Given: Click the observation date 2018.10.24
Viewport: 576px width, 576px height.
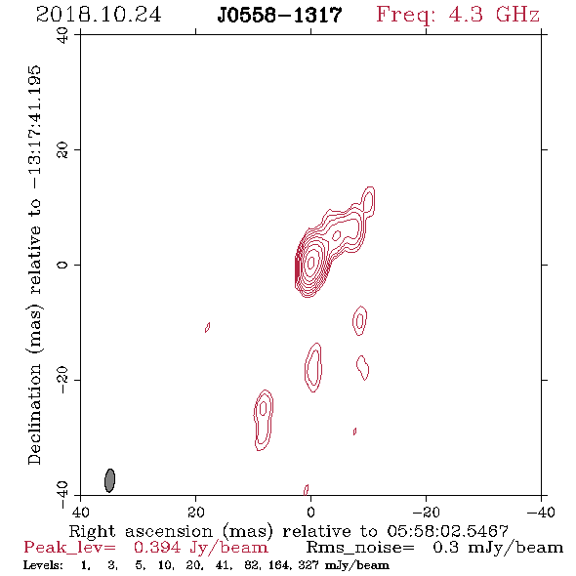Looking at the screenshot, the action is pos(99,15).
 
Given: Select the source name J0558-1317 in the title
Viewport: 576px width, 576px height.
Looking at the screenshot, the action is pos(279,16).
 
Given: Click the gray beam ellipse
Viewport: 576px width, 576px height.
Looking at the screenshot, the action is pos(110,480).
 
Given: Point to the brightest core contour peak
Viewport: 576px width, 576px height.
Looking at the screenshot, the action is pos(310,263).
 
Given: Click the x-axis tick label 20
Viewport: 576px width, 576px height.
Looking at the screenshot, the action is pos(195,513).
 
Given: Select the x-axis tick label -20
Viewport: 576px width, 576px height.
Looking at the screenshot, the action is pos(426,513).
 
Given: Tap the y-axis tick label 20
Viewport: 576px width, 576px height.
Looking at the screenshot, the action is pos(62,150).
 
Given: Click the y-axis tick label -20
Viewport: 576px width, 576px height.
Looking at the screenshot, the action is pos(62,380).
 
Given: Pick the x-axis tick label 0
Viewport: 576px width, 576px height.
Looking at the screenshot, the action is pos(310,513).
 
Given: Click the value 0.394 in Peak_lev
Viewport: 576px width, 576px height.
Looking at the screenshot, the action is pos(157,548).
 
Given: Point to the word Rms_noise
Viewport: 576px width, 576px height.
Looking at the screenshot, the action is pos(360,548).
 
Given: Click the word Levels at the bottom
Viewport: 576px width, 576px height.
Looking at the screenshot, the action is pos(43,565).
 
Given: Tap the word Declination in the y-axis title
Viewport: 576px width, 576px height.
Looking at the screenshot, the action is pos(34,414).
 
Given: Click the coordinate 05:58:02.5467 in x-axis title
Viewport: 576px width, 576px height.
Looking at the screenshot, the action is pos(447,531).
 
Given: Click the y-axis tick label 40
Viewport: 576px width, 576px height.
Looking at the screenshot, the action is pos(62,35).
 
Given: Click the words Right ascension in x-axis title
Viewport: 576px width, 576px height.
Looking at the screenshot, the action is pos(141,531).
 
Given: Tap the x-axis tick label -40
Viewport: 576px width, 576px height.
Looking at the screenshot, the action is pos(541,513).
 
